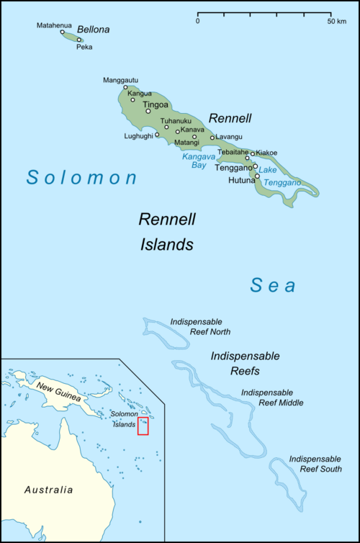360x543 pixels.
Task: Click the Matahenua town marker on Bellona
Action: tap(63, 32)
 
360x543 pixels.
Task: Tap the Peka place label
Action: tap(84, 48)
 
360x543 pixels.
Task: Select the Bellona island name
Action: tap(94, 30)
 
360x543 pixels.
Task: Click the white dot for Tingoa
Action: tap(148, 111)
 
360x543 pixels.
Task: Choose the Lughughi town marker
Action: tap(157, 134)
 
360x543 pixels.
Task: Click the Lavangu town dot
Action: tap(212, 138)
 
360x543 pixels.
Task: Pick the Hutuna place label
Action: tap(242, 180)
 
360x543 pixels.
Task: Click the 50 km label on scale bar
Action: tap(336, 21)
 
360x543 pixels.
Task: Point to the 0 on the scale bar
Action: tap(197, 21)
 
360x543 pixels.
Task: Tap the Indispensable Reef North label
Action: tap(197, 326)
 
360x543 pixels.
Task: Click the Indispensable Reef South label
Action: tap(315, 464)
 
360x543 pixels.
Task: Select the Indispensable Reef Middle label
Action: tap(272, 398)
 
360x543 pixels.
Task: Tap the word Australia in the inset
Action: tap(48, 490)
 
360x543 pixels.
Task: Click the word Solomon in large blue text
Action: tap(81, 177)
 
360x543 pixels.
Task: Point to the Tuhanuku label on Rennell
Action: tap(176, 120)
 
